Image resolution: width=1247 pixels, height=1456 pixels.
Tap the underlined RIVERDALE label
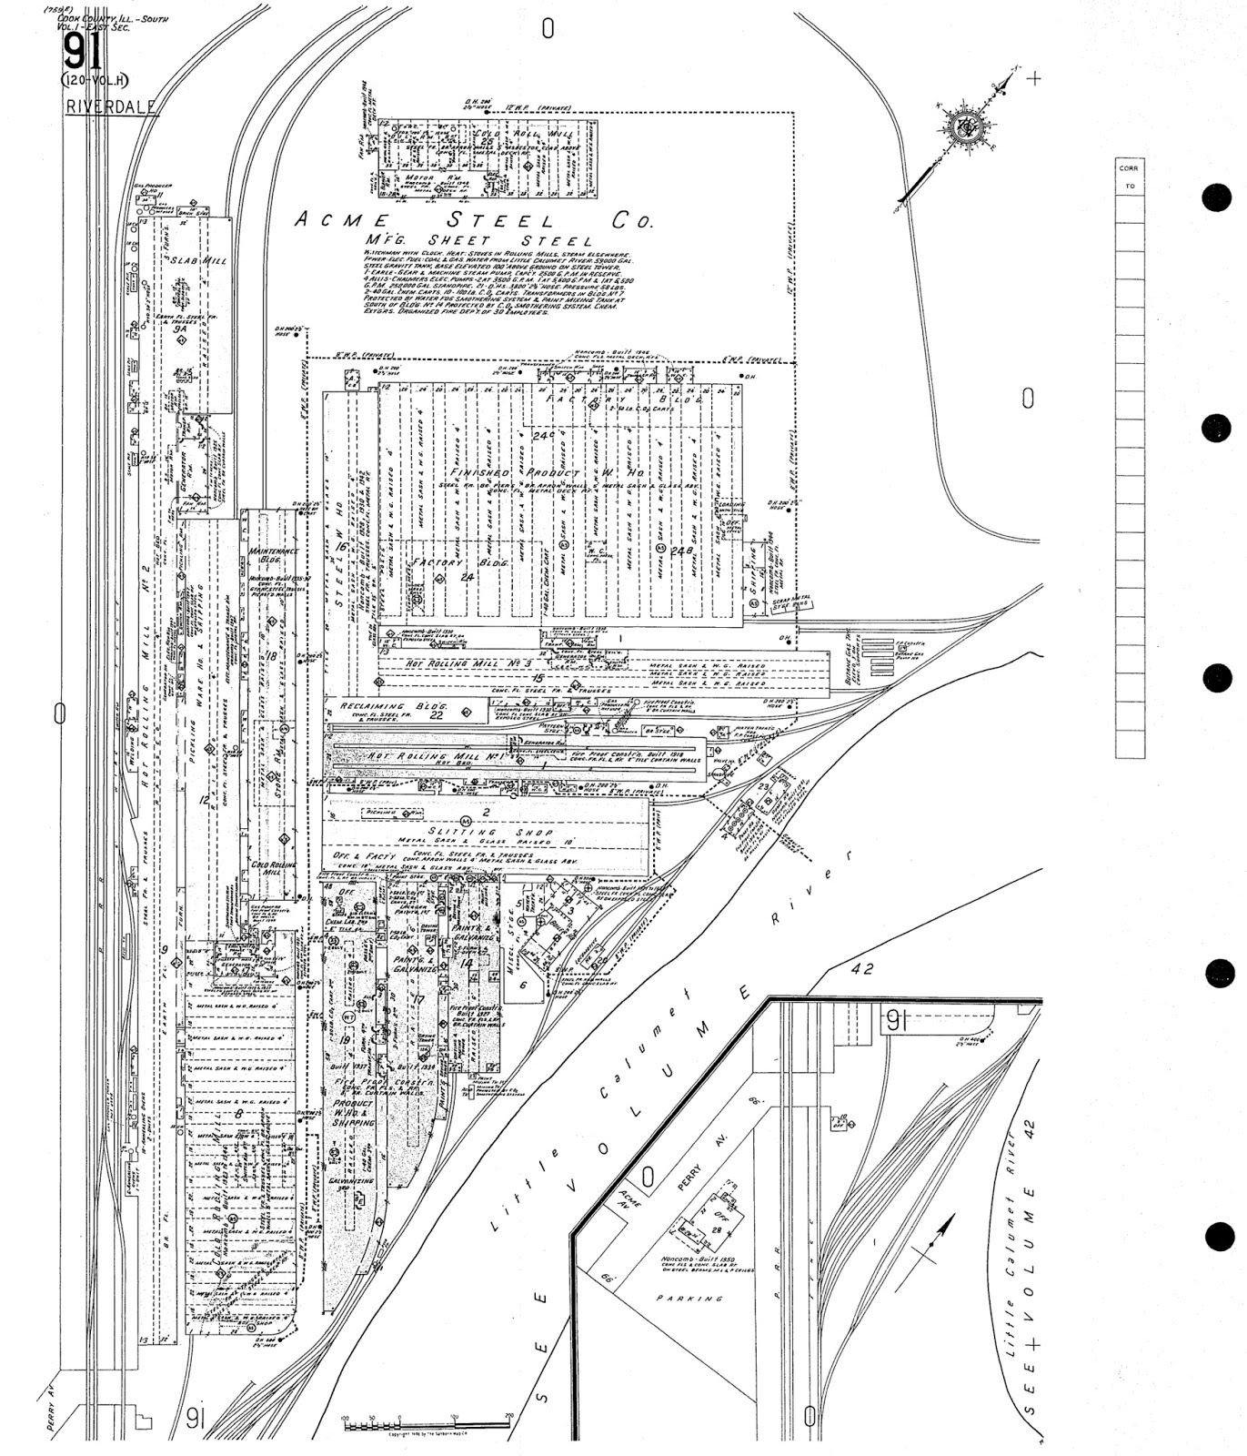111,106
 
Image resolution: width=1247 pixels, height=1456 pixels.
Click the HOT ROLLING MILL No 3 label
457,663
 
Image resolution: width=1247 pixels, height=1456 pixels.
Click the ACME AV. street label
629,1198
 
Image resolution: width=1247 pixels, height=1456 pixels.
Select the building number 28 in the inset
717,1229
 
